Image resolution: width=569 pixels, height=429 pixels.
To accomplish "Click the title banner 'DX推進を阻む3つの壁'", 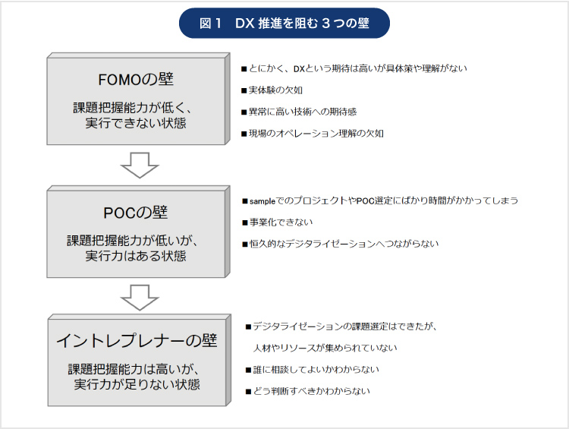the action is click(284, 24).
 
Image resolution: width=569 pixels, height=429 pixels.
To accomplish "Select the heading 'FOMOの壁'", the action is click(136, 80).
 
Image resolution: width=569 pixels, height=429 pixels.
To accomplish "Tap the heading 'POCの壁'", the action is click(136, 213).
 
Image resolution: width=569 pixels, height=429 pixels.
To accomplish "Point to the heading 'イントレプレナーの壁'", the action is click(137, 340).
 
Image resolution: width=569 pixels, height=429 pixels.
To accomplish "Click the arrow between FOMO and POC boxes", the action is click(140, 166).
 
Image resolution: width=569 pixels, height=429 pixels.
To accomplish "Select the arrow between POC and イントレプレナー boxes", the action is click(140, 298).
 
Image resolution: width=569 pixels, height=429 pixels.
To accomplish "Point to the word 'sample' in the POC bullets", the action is click(262, 201).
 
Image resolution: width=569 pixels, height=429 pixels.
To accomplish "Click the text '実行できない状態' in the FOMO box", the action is click(136, 123).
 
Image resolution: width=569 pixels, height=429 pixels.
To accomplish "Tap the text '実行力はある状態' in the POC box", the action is click(136, 256).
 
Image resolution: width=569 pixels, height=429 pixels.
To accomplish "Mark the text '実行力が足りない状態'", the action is click(137, 384).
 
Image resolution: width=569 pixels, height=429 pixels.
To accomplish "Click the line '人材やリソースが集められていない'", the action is click(325, 348).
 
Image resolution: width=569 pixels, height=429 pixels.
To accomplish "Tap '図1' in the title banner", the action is click(210, 24).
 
